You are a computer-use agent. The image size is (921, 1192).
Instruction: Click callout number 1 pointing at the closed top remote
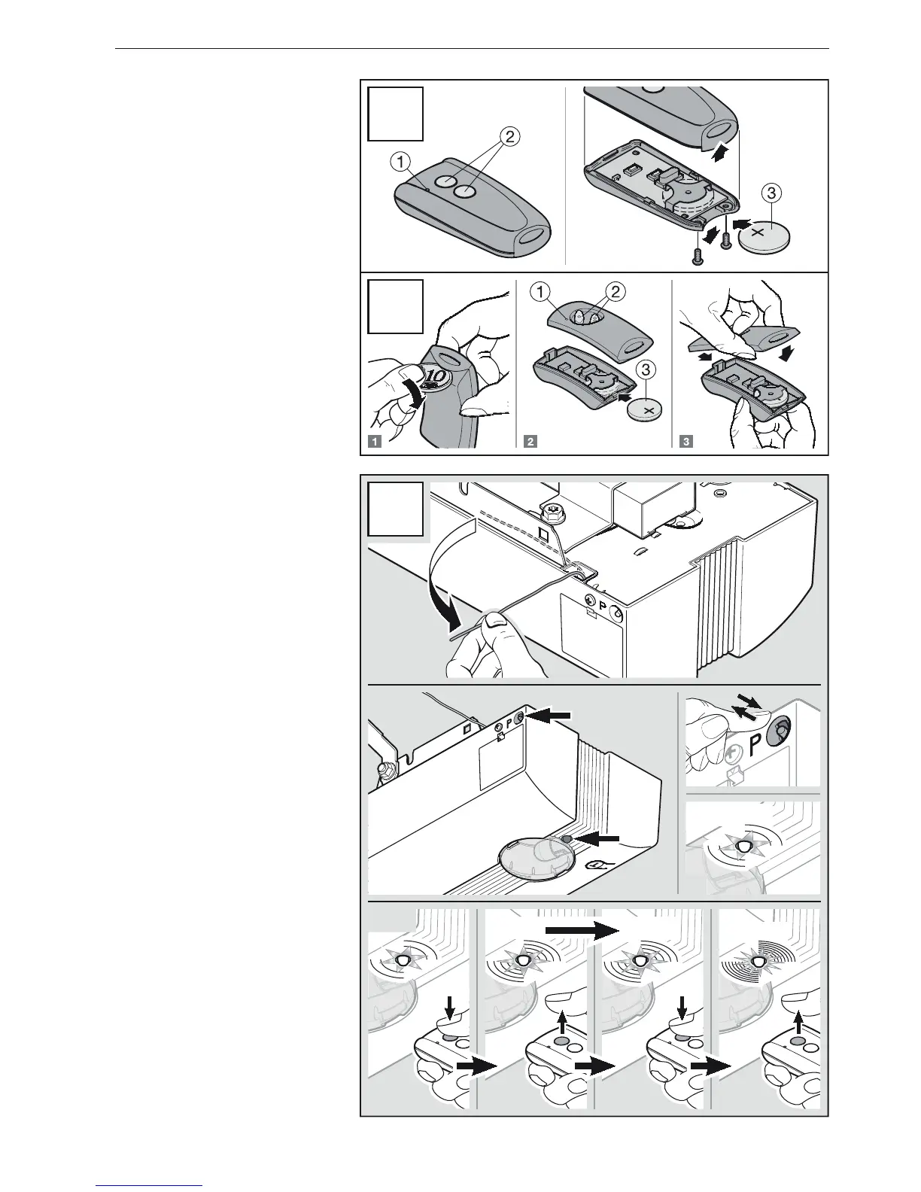tap(401, 160)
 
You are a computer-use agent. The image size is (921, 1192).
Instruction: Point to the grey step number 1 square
tap(374, 442)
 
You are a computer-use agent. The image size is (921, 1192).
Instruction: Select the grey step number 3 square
tap(685, 442)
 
